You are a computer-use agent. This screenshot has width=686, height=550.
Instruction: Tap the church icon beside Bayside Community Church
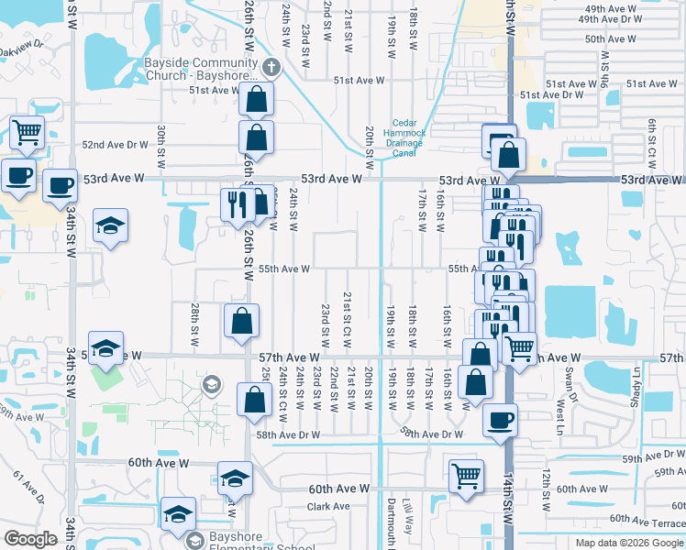[x=271, y=67]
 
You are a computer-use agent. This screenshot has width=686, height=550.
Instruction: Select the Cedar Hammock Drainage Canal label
[x=409, y=138]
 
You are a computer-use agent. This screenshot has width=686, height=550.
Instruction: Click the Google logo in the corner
[x=30, y=539]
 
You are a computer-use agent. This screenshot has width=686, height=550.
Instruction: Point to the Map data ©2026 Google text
[x=628, y=543]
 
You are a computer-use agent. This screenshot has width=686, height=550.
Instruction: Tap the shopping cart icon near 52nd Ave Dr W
[x=27, y=131]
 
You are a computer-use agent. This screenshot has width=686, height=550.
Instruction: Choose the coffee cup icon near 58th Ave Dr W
[x=500, y=421]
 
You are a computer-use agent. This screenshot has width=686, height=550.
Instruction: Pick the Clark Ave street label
[x=329, y=506]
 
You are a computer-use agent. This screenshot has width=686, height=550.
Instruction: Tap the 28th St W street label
[x=195, y=324]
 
